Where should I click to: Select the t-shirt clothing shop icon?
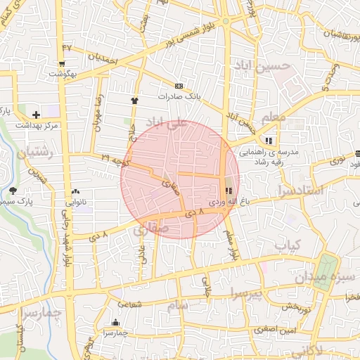[x=134, y=101]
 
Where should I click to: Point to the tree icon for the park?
[x=13, y=191]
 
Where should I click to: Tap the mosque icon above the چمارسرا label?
[x=114, y=323]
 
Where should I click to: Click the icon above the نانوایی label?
[x=76, y=191]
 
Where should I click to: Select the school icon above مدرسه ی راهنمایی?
[x=269, y=140]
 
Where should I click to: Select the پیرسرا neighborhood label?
[x=245, y=292]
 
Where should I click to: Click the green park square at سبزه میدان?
[x=325, y=271]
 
